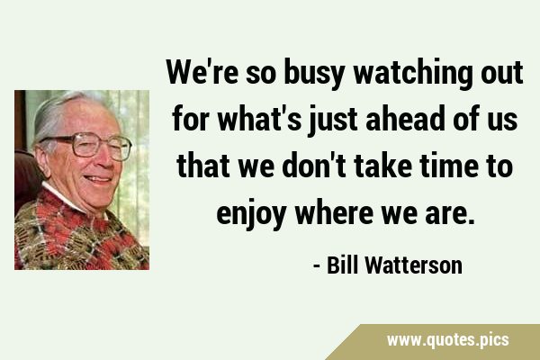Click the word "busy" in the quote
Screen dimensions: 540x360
[314, 74]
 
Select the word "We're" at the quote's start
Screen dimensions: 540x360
[202, 72]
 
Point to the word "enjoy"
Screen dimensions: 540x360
[251, 214]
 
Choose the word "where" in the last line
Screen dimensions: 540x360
[334, 212]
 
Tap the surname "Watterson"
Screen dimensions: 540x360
[414, 265]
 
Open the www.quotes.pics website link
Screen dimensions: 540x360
[447, 340]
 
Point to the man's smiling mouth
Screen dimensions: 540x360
[99, 179]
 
